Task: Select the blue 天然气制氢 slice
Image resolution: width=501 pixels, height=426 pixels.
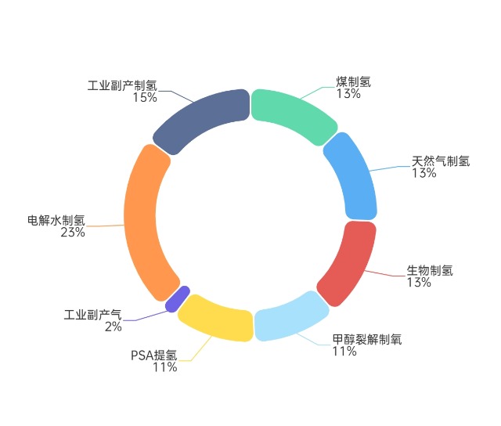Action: point(353,176)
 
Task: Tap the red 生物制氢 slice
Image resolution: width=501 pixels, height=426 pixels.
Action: point(349,262)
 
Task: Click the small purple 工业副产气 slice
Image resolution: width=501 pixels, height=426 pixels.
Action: point(178,299)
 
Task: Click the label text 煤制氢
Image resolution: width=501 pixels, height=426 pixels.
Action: point(353,81)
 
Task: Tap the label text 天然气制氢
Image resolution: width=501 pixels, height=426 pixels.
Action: point(441,161)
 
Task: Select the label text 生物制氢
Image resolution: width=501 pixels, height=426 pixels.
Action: point(430,270)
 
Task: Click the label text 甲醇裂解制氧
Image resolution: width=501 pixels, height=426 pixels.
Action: point(367,339)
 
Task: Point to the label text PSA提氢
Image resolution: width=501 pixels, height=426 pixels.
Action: point(154,356)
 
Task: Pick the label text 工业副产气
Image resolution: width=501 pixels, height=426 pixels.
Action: point(92,315)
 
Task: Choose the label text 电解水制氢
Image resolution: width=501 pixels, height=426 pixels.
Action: point(56,221)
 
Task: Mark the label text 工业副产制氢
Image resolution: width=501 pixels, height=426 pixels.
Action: point(122,85)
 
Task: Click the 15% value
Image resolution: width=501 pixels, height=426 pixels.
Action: point(145,97)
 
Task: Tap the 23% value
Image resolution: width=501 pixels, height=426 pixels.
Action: point(73,233)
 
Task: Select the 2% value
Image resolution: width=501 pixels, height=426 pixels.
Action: point(114,327)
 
